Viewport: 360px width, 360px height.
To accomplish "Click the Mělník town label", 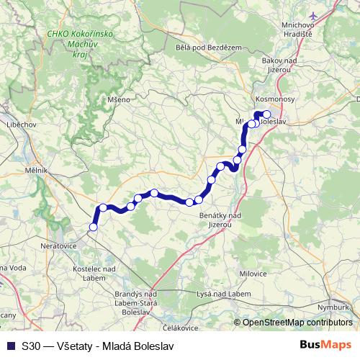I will click(35, 170).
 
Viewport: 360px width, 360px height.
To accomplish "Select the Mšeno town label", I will click(118, 99).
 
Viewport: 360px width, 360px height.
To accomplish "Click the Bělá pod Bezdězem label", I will click(208, 47).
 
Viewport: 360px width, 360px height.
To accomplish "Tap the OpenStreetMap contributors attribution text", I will click(297, 322).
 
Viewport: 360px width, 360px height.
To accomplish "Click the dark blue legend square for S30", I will click(10, 346).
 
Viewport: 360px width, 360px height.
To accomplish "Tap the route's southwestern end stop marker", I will click(92, 228).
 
